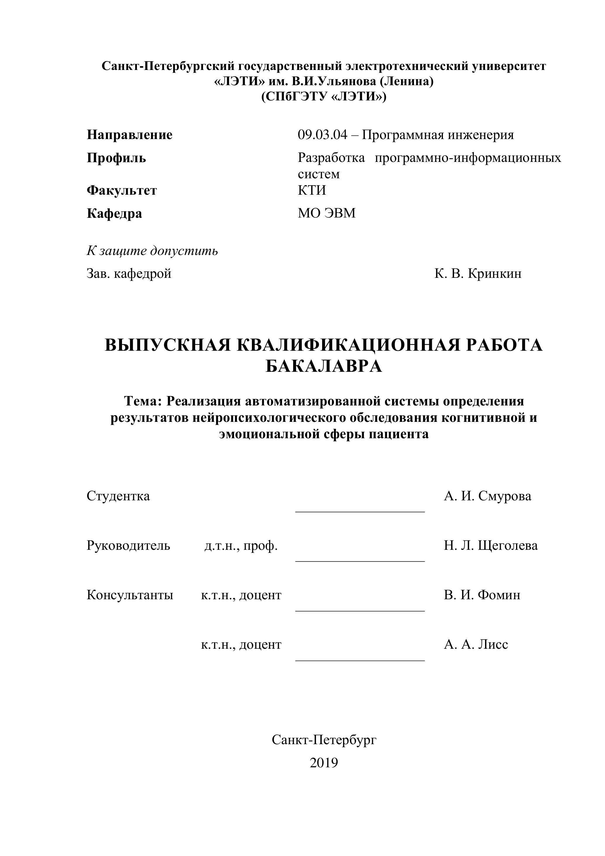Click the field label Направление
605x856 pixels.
(130, 135)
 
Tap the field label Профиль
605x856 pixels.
(116, 158)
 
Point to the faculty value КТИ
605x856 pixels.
(312, 191)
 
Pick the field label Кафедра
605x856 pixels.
(114, 214)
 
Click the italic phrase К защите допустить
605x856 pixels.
(152, 251)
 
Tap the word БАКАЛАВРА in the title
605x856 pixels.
(324, 367)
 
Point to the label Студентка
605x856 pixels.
(118, 496)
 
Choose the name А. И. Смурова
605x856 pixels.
(487, 496)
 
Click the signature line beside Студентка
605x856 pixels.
(360, 511)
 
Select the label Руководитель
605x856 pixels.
(128, 545)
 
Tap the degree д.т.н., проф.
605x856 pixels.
(241, 546)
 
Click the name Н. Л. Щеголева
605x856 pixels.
(491, 545)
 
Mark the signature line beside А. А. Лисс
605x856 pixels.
(360, 660)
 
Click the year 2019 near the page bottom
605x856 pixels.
(324, 763)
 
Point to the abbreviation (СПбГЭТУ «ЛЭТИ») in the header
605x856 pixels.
(324, 97)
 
